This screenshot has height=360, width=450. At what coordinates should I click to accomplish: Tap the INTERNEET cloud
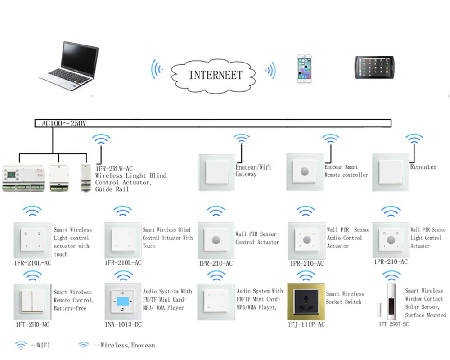point(215,74)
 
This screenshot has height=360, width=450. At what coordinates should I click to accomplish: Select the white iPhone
point(304,69)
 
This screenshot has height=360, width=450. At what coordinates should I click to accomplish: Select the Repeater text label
point(423,167)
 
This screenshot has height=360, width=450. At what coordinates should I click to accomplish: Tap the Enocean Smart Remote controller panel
point(305,172)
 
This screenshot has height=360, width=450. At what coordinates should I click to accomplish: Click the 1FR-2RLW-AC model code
point(114,169)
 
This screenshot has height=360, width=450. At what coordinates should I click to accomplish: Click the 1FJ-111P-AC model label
point(306,324)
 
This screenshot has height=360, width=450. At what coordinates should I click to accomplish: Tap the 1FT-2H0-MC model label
point(32,324)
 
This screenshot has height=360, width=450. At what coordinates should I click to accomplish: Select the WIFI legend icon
point(21,346)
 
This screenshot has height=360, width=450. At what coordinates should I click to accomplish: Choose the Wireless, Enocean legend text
point(124,346)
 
